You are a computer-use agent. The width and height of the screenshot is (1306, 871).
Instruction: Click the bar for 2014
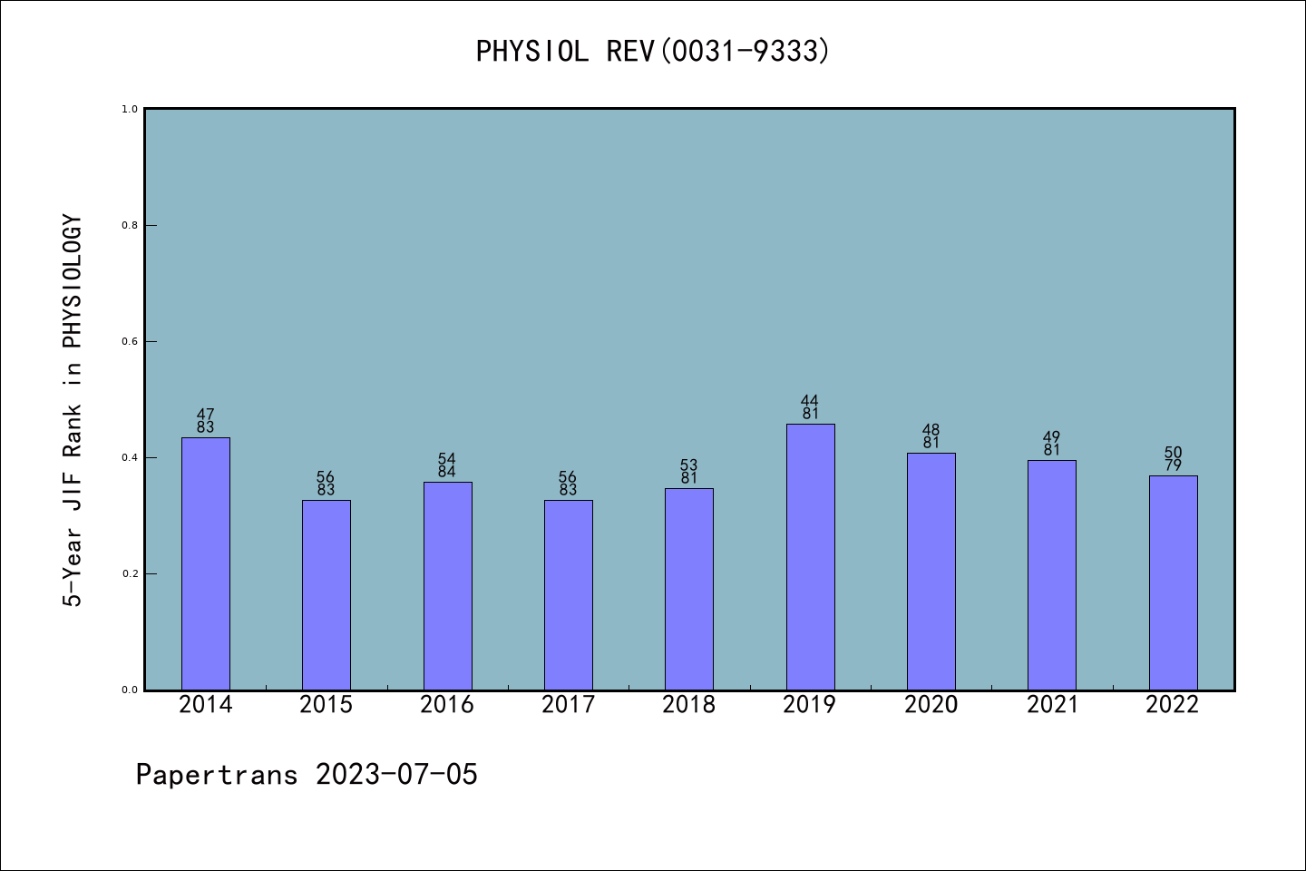pyautogui.click(x=206, y=563)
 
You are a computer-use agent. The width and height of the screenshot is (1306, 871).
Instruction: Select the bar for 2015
pyautogui.click(x=326, y=594)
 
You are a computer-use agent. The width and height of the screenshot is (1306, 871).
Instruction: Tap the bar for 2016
pyautogui.click(x=447, y=585)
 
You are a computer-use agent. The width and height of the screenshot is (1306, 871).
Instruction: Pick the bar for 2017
pyautogui.click(x=569, y=594)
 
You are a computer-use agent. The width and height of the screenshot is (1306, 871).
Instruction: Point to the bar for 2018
pyautogui.click(x=689, y=589)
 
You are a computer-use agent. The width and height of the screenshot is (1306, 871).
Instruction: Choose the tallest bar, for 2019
pyautogui.click(x=810, y=556)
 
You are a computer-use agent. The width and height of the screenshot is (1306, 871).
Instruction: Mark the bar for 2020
pyautogui.click(x=931, y=571)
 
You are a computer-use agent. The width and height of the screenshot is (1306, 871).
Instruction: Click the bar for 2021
pyautogui.click(x=1052, y=574)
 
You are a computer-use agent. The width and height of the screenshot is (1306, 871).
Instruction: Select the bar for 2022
pyautogui.click(x=1173, y=582)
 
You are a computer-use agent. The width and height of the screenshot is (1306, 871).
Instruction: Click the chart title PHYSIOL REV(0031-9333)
pyautogui.click(x=653, y=51)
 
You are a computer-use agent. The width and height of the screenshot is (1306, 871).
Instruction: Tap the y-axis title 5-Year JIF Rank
pyautogui.click(x=73, y=410)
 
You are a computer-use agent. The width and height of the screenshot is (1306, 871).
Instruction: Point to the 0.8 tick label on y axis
pyautogui.click(x=130, y=225)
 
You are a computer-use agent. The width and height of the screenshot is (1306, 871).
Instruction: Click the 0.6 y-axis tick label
pyautogui.click(x=130, y=341)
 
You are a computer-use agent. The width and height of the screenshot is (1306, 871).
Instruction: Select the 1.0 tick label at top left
pyautogui.click(x=130, y=109)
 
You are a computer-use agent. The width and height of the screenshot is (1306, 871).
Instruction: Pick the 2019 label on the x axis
pyautogui.click(x=810, y=705)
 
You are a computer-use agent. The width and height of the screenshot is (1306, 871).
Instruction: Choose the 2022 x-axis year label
pyautogui.click(x=1173, y=705)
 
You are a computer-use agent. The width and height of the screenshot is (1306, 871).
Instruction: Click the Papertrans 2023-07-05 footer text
pyautogui.click(x=307, y=775)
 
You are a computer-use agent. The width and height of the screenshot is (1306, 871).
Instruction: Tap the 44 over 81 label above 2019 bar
pyautogui.click(x=810, y=407)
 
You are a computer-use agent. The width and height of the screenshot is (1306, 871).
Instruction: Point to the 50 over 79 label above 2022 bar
pyautogui.click(x=1173, y=459)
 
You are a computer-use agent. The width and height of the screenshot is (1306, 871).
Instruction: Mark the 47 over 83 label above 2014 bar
pyautogui.click(x=206, y=421)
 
